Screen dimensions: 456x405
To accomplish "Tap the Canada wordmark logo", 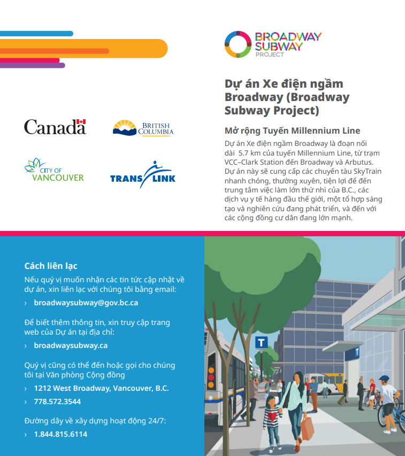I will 55,127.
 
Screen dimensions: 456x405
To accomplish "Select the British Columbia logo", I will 143,128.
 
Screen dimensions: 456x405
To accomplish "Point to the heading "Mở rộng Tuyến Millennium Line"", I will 292,130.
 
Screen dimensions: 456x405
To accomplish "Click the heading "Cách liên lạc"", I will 51,266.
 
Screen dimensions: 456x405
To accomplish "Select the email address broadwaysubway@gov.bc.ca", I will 86,303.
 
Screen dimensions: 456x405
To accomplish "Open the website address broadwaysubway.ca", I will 71,345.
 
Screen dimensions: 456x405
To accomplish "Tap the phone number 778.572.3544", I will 57,401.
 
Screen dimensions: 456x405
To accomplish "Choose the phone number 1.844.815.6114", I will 60,434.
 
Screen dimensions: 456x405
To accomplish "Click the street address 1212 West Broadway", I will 101,388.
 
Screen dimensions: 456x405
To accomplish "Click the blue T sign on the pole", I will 262,343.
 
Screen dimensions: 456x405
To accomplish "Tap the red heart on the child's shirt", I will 273,416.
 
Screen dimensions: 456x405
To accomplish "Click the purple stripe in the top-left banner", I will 32,65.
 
